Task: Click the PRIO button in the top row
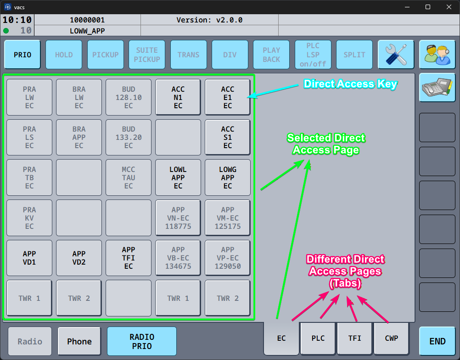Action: (x=22, y=55)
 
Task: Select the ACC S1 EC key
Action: (x=228, y=137)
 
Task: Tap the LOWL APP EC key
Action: (x=178, y=177)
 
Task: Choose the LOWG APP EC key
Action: (x=228, y=177)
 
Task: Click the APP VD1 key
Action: (x=29, y=258)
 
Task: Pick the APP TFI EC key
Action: (x=129, y=258)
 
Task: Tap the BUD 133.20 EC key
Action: (x=129, y=137)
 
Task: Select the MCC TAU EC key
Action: (x=129, y=177)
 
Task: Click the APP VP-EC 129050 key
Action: (x=228, y=258)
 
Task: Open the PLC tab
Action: (x=318, y=338)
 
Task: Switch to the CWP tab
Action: (x=392, y=338)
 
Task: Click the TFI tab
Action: (x=355, y=338)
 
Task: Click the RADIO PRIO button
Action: (x=142, y=341)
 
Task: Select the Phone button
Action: (x=79, y=342)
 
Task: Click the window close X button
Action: (x=448, y=7)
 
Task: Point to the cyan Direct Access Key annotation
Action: (x=350, y=84)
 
